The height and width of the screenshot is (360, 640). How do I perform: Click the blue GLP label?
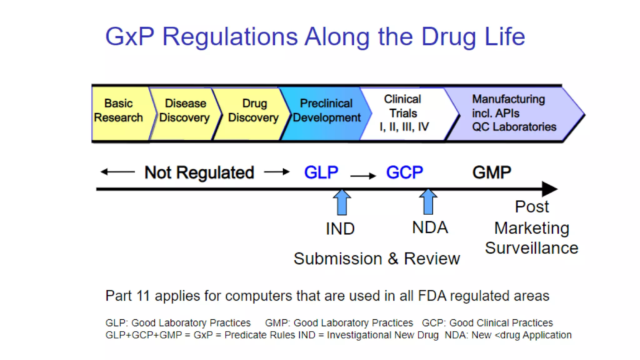click(x=321, y=172)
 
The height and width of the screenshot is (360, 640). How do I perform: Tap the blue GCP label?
click(x=404, y=172)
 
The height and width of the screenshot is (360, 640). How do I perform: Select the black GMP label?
click(x=492, y=172)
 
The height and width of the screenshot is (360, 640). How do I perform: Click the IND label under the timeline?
click(x=340, y=229)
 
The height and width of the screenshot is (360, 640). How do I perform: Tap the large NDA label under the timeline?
click(x=430, y=227)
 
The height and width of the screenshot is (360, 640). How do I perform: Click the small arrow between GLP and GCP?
click(x=363, y=176)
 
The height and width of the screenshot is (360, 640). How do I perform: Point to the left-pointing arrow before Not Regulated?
click(x=117, y=172)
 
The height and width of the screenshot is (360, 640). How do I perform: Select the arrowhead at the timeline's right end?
click(x=549, y=189)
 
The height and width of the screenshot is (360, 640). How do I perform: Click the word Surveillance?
click(x=532, y=248)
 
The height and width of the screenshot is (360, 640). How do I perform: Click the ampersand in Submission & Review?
click(x=393, y=259)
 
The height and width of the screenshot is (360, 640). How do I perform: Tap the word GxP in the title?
click(x=130, y=37)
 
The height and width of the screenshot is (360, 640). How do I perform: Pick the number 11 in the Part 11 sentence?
click(x=143, y=296)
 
